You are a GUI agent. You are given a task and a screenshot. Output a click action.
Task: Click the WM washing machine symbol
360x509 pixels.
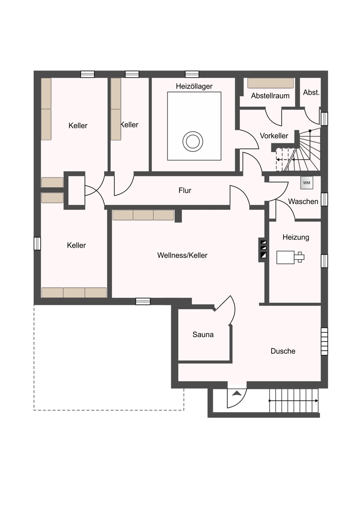coord(307,183)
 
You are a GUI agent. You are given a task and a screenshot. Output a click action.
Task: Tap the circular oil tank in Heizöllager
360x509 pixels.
coord(193,141)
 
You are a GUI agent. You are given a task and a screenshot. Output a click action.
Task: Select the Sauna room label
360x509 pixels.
coord(203,335)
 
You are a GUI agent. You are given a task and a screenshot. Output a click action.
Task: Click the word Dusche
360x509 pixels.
coord(283,351)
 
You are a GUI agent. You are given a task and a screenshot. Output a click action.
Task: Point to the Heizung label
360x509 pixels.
coord(296,238)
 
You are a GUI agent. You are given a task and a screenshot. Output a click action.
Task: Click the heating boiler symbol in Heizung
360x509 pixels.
coord(290,257)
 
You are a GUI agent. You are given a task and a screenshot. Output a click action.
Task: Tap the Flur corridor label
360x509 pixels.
coord(185,190)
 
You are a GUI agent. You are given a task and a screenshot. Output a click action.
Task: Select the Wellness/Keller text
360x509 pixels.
coord(182,255)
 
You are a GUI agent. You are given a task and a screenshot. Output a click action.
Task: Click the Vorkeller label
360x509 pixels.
coord(274,136)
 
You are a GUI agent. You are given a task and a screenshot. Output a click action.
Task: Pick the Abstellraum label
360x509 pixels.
coord(270,96)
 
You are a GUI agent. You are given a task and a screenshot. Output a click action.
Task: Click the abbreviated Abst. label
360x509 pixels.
coord(311,92)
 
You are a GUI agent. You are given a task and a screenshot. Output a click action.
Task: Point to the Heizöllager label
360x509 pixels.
coord(194,87)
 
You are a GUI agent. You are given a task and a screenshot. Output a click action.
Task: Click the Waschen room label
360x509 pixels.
coord(303,201)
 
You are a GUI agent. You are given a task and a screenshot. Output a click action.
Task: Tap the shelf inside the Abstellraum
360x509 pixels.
coord(270,83)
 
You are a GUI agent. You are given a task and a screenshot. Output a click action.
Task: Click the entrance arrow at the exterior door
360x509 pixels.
coord(237,393)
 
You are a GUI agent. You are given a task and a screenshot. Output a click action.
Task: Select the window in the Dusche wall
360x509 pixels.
coord(324,341)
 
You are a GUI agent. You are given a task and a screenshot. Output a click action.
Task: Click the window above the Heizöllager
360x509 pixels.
coord(192,74)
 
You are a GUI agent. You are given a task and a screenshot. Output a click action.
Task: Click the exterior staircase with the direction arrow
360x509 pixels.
coord(294,401)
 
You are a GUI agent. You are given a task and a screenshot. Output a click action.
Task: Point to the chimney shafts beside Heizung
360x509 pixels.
coord(263,249)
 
